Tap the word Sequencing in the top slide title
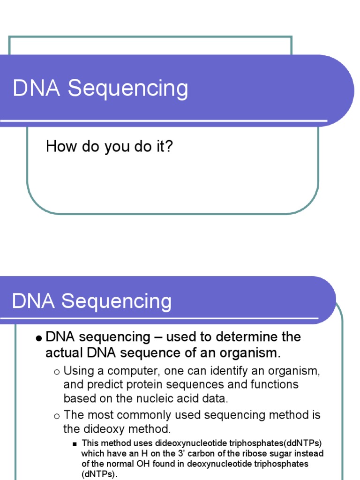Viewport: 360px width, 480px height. (128, 89)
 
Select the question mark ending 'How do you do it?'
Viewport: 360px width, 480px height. (169, 147)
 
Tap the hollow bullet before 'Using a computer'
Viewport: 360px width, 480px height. (57, 372)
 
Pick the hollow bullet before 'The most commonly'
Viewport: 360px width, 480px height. (57, 415)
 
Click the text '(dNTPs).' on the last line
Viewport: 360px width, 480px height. (100, 474)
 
